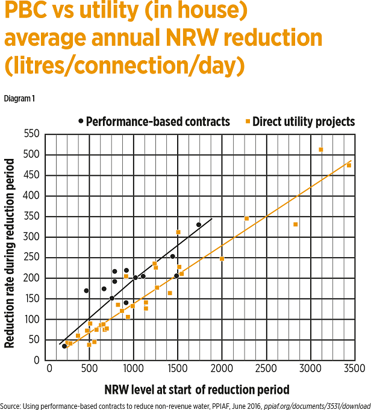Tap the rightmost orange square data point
[x=349, y=165]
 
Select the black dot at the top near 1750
[x=199, y=225]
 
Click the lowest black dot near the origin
[x=64, y=346]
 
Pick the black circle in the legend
[x=81, y=122]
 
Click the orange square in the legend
[x=248, y=122]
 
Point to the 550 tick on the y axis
[x=37, y=134]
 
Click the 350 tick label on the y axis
[x=37, y=216]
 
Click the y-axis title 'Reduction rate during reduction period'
[x=10, y=253]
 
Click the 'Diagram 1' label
[x=19, y=98]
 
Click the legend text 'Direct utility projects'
[x=304, y=122]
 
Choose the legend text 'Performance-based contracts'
[x=158, y=122]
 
